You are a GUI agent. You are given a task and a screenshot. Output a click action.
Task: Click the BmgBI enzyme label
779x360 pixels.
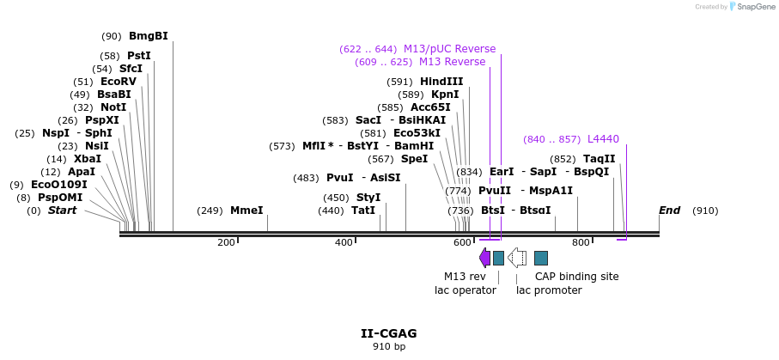148,36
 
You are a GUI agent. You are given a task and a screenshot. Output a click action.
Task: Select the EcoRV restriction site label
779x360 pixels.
118,82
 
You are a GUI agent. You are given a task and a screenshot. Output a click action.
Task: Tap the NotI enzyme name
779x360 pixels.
113,107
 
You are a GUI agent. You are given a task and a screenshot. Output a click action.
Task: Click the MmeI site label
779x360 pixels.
246,211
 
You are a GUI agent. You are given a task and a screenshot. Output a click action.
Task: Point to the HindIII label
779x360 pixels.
441,82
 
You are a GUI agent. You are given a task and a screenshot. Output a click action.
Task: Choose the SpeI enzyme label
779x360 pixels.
414,159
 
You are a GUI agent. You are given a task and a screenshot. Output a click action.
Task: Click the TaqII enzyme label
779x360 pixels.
599,159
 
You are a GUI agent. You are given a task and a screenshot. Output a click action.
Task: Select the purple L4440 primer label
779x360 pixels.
603,139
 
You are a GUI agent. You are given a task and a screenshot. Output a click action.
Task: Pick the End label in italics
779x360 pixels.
670,211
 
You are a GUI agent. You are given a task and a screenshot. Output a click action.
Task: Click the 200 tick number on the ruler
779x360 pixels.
226,243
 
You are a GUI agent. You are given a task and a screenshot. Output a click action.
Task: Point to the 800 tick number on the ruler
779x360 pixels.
581,243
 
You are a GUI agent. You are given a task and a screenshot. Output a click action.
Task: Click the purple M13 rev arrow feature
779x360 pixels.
484,258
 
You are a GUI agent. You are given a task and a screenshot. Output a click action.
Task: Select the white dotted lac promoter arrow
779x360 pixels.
517,258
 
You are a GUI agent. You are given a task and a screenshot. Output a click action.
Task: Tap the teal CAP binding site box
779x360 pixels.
541,258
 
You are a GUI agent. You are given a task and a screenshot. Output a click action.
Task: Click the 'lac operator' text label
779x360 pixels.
466,290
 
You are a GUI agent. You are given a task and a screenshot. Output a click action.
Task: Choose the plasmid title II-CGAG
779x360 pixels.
389,333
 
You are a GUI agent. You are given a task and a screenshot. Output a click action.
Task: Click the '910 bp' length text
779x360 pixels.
389,347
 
